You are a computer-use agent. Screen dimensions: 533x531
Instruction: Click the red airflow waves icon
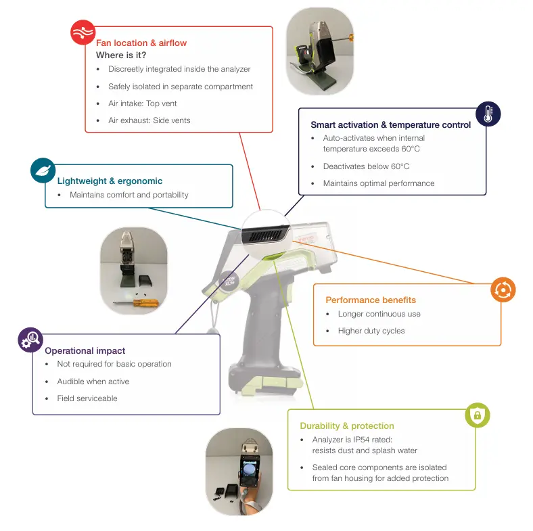click(83, 32)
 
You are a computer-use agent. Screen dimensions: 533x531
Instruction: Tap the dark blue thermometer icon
click(488, 114)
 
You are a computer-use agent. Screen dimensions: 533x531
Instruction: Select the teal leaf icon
click(43, 170)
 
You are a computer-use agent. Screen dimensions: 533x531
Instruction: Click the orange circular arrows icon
click(503, 290)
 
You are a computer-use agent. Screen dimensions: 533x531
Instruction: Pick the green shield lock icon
click(478, 415)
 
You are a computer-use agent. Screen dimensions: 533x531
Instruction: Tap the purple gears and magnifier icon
click(30, 340)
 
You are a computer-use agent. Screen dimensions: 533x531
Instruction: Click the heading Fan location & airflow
click(141, 43)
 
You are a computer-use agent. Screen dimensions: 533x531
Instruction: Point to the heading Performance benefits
click(371, 300)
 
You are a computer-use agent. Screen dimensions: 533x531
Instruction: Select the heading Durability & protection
click(347, 425)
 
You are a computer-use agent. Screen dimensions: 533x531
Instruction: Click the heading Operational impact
click(85, 350)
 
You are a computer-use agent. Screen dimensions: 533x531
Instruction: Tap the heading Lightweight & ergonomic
click(110, 181)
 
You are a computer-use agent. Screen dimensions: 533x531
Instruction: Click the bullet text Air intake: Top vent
click(143, 103)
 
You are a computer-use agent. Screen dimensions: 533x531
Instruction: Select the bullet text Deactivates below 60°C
click(366, 166)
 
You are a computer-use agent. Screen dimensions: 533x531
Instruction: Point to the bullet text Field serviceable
click(87, 398)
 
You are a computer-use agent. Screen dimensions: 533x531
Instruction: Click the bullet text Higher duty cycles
click(371, 331)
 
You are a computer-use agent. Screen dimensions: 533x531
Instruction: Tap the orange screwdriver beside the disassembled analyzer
click(136, 302)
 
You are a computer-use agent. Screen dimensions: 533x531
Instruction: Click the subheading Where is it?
click(121, 55)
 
